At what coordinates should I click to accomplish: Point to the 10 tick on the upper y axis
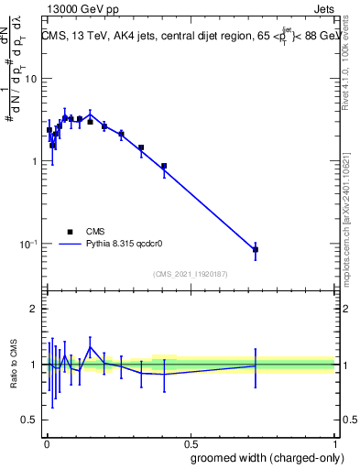coord(32,78)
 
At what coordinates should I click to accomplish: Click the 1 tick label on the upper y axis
coord(35,161)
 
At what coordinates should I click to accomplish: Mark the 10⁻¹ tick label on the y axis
coord(29,245)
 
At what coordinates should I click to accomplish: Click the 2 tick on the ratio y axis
coord(35,309)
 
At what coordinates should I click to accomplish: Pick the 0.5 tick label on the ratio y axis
coord(30,420)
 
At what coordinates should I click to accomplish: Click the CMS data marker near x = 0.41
coord(164,166)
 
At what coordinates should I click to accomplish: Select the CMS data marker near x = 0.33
coord(141,147)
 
